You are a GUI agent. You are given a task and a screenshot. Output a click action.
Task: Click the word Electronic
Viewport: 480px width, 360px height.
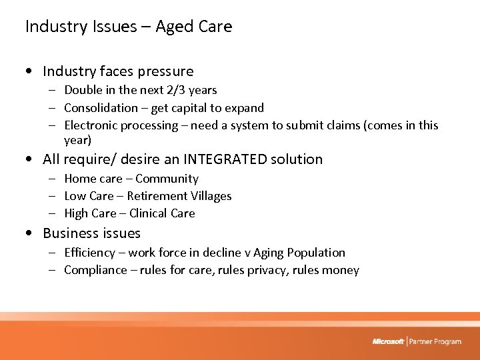92,125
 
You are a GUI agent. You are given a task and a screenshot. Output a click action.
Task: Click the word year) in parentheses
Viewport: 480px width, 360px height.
78,140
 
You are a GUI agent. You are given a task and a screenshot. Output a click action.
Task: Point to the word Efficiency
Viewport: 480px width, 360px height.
91,253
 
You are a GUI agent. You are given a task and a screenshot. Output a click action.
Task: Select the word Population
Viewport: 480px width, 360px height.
315,253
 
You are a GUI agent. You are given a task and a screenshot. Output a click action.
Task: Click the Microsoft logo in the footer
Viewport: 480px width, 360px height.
388,341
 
